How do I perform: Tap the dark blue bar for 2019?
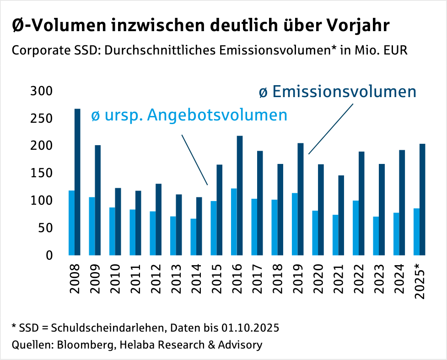(x=301, y=199)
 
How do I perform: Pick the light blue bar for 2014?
(x=193, y=237)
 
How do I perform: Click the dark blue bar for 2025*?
(x=422, y=199)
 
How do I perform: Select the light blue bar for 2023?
(x=376, y=236)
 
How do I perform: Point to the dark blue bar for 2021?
(x=341, y=215)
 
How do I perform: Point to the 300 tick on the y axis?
(x=41, y=91)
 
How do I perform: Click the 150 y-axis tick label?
(x=41, y=173)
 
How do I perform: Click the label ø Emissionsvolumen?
(x=337, y=92)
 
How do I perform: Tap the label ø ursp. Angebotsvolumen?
(x=189, y=115)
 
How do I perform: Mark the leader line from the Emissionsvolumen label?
(x=331, y=129)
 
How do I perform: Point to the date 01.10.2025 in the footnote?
(x=250, y=328)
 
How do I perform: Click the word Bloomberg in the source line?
(x=85, y=344)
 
